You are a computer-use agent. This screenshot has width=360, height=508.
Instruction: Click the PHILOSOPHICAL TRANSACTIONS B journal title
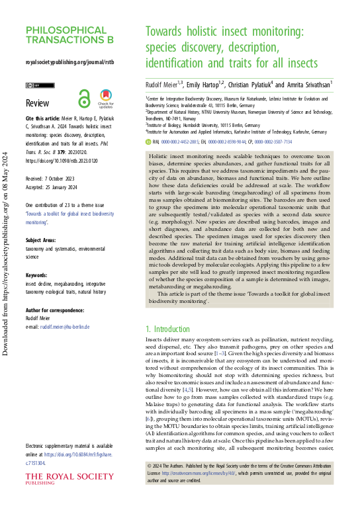(x=69, y=34)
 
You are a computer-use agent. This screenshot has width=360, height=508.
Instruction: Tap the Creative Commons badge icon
(x=35, y=85)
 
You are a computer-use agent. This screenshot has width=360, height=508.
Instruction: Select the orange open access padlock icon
(x=83, y=99)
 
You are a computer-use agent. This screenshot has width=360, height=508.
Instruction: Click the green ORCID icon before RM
(x=148, y=141)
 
